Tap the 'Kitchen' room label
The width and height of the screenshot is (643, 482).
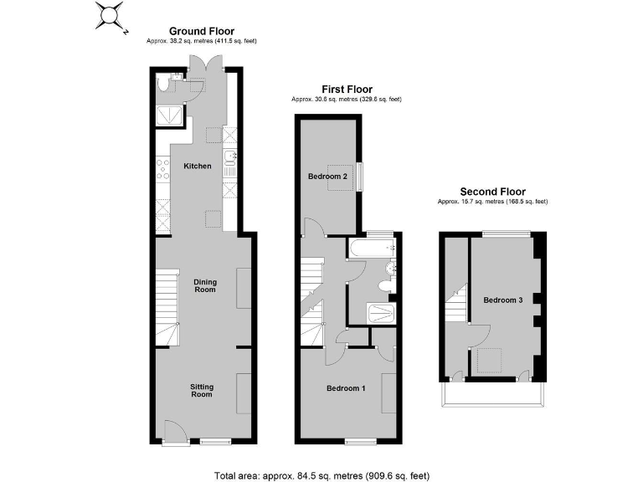[x=198, y=167]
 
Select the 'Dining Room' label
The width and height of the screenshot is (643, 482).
[x=205, y=285]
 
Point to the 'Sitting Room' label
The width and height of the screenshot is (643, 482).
[x=202, y=390]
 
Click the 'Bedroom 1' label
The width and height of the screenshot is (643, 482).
[x=346, y=388]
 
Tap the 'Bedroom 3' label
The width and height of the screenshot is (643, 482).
[x=503, y=300]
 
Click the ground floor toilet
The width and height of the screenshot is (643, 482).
[x=164, y=84]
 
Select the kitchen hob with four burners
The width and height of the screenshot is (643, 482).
[x=162, y=172]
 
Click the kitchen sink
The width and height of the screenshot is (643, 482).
[x=230, y=159]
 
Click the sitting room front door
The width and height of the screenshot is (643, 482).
[x=174, y=430]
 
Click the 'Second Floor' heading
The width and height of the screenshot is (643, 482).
[x=492, y=192]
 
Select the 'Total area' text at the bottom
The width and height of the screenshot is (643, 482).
[x=321, y=474]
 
